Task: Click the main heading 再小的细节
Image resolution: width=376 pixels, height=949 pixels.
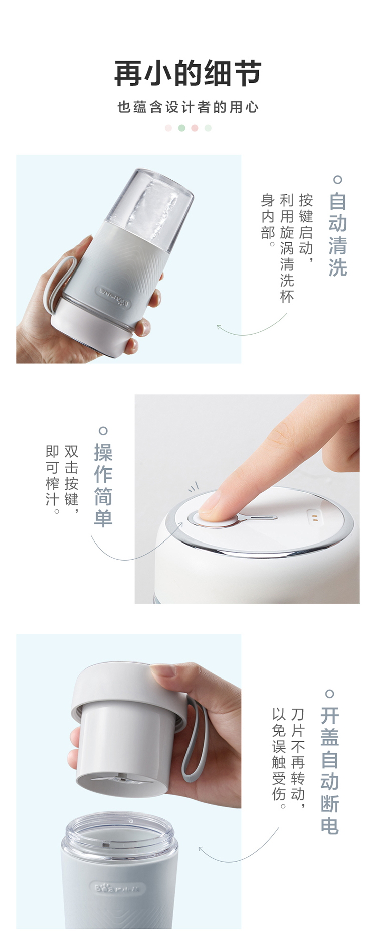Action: pyautogui.click(x=188, y=73)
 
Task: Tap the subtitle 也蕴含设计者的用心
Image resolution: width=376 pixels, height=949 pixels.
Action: pyautogui.click(x=188, y=107)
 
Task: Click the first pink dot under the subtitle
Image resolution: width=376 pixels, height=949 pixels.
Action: pyautogui.click(x=168, y=128)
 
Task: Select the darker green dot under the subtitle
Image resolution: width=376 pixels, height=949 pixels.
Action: pyautogui.click(x=181, y=128)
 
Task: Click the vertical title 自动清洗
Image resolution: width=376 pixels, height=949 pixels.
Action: pyautogui.click(x=338, y=234)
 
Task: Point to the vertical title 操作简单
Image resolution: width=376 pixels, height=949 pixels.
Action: pyautogui.click(x=103, y=485)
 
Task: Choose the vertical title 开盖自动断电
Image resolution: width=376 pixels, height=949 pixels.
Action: pyautogui.click(x=330, y=770)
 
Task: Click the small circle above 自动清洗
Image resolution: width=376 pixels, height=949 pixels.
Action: pyautogui.click(x=338, y=180)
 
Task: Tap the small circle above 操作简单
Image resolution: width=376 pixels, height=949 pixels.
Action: pyautogui.click(x=103, y=431)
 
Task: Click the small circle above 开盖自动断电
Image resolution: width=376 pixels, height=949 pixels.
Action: pyautogui.click(x=330, y=694)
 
